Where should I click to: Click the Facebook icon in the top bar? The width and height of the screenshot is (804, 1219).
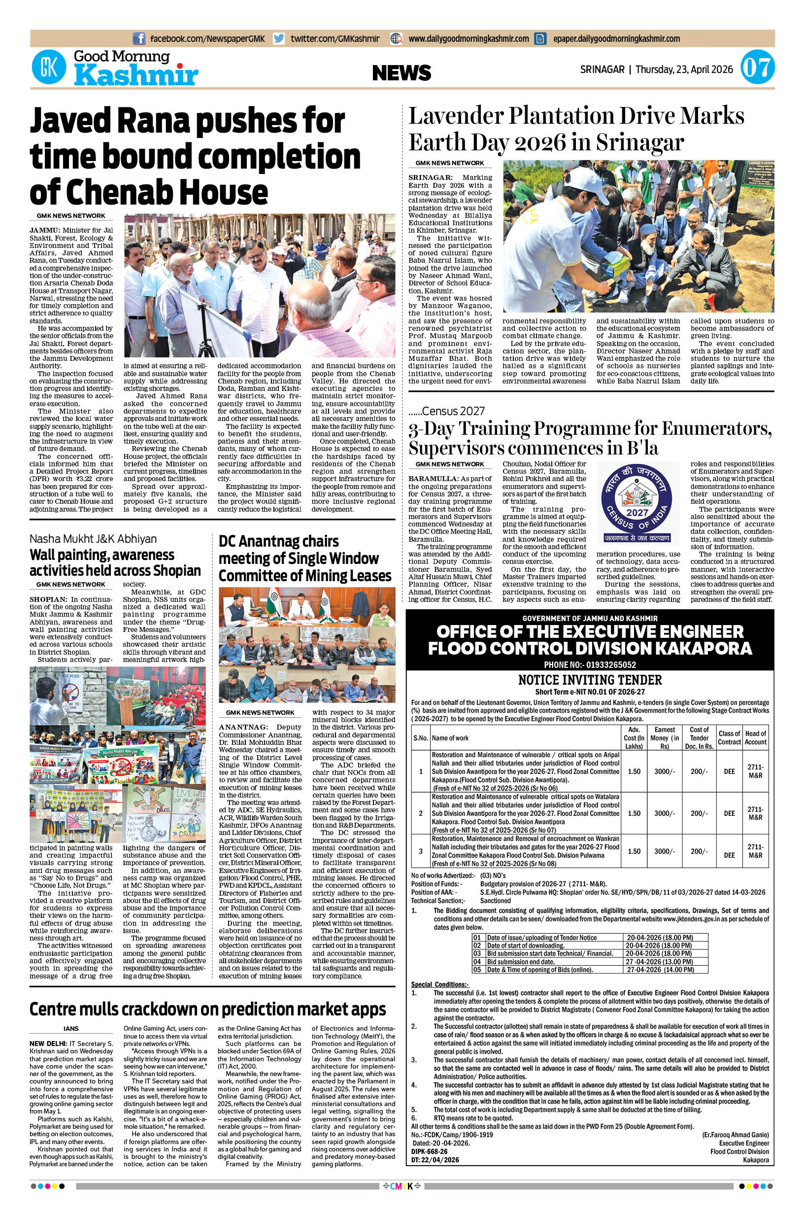(x=138, y=38)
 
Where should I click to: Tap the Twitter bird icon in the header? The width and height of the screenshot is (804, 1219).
(x=279, y=38)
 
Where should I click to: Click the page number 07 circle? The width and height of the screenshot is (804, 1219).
(x=757, y=69)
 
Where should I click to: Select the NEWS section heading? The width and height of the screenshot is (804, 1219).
(x=402, y=73)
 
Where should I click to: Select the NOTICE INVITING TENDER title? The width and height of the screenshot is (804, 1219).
(x=590, y=680)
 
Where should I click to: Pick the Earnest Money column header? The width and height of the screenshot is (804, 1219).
(x=665, y=738)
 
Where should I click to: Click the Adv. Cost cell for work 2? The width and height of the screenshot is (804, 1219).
(x=634, y=813)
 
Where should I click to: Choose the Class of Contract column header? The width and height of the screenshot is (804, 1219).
(x=729, y=738)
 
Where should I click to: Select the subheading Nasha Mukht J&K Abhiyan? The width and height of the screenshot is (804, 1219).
(x=93, y=539)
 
